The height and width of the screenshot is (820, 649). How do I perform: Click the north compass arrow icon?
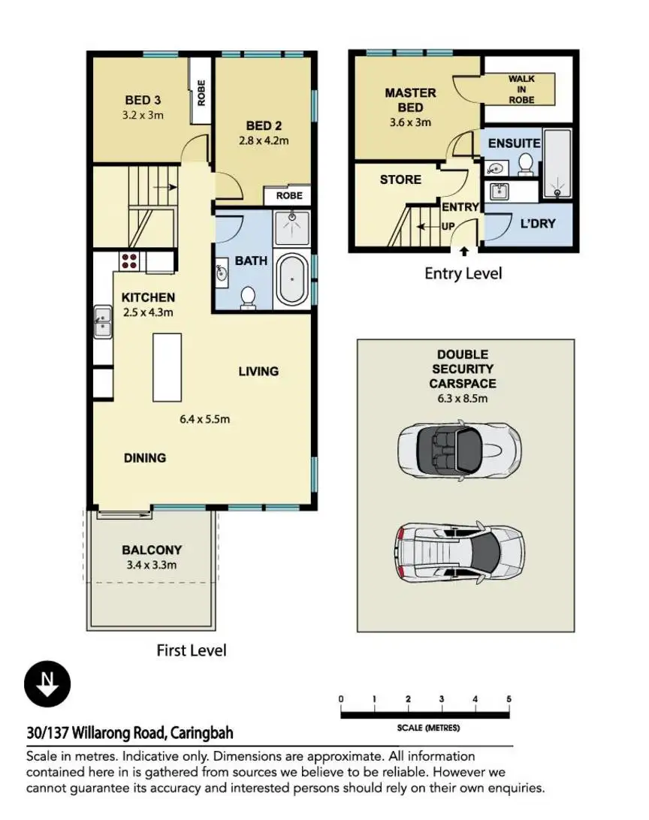click(47, 683)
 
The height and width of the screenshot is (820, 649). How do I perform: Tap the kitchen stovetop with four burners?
click(129, 261)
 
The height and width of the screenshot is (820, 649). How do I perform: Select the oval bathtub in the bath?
click(291, 280)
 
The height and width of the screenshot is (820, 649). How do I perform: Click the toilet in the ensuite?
click(526, 164)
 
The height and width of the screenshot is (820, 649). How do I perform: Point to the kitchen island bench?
click(168, 367)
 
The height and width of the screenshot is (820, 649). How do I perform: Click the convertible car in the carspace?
click(459, 449)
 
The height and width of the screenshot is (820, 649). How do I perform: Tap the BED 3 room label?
click(143, 100)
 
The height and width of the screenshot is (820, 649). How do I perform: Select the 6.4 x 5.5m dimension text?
click(204, 419)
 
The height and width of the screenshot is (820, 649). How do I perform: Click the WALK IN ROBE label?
click(521, 89)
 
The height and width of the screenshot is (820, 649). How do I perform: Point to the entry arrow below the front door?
click(464, 252)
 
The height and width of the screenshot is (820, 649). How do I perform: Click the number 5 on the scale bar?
click(509, 698)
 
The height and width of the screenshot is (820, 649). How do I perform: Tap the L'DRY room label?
click(538, 223)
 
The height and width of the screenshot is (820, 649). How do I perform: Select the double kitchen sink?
click(102, 321)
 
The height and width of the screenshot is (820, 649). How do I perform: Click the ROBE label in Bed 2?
click(289, 195)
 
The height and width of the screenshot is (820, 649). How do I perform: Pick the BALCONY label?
click(152, 550)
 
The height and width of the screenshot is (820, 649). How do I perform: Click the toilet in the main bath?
click(248, 297)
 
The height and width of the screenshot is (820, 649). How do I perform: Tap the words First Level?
click(192, 650)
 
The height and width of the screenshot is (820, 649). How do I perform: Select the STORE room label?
click(400, 179)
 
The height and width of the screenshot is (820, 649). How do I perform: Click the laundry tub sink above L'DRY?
click(500, 191)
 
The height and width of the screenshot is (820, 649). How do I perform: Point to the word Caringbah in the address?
click(201, 733)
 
